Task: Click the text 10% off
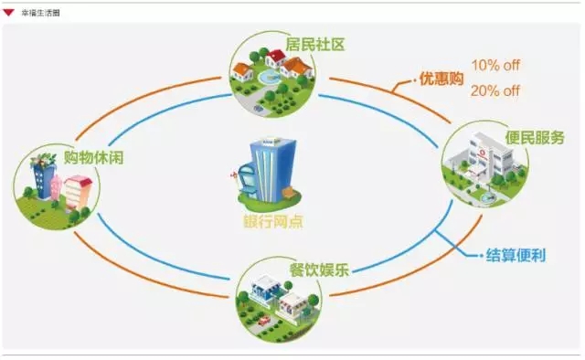tap(496, 66)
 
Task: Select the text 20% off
tap(496, 90)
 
